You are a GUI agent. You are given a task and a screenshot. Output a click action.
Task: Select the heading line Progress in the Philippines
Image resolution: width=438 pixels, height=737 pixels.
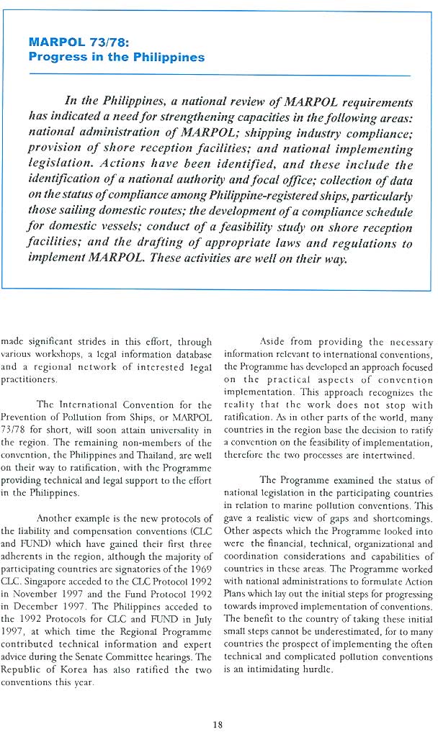116,58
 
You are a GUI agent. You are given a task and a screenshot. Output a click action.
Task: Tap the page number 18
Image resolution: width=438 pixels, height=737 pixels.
218,705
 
